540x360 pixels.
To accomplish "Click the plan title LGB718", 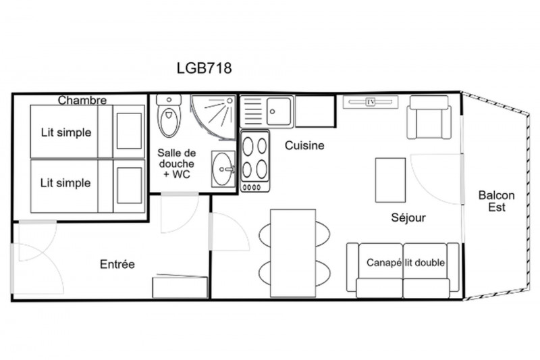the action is click(205, 68).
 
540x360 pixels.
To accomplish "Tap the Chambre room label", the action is click(82, 100).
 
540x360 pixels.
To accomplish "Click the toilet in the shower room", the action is click(169, 115).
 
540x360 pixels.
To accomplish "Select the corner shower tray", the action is click(213, 117).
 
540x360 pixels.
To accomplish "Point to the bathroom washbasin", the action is click(223, 169).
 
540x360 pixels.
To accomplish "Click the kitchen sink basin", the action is click(279, 111).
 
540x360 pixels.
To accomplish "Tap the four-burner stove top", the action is click(255, 161).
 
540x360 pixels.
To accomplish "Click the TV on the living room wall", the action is click(371, 102).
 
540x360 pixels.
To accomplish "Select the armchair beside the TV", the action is click(429, 118).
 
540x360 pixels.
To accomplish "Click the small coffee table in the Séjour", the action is click(390, 180).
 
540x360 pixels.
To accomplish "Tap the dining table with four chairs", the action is click(293, 253).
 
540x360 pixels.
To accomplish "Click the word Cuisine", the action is click(304, 145).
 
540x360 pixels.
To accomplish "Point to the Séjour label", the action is click(408, 217).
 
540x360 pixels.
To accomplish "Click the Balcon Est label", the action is click(497, 201).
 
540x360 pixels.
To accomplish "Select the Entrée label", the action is click(117, 264).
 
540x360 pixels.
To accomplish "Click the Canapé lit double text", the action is click(406, 263).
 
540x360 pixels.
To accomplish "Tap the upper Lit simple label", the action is click(66, 132).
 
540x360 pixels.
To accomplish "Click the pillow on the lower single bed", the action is click(129, 185).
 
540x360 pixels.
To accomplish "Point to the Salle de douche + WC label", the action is click(177, 163).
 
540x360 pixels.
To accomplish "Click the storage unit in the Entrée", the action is click(180, 286).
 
